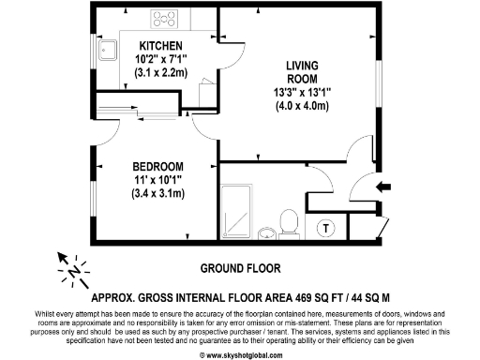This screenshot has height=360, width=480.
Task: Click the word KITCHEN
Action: coord(160,45)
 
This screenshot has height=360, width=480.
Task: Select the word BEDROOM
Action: coord(157,167)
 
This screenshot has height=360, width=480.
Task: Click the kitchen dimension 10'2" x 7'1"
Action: coord(160,58)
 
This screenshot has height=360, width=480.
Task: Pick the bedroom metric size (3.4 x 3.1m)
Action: coord(157,194)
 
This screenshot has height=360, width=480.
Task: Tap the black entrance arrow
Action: coord(383,187)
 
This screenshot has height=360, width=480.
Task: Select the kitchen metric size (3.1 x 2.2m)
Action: coord(160,71)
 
